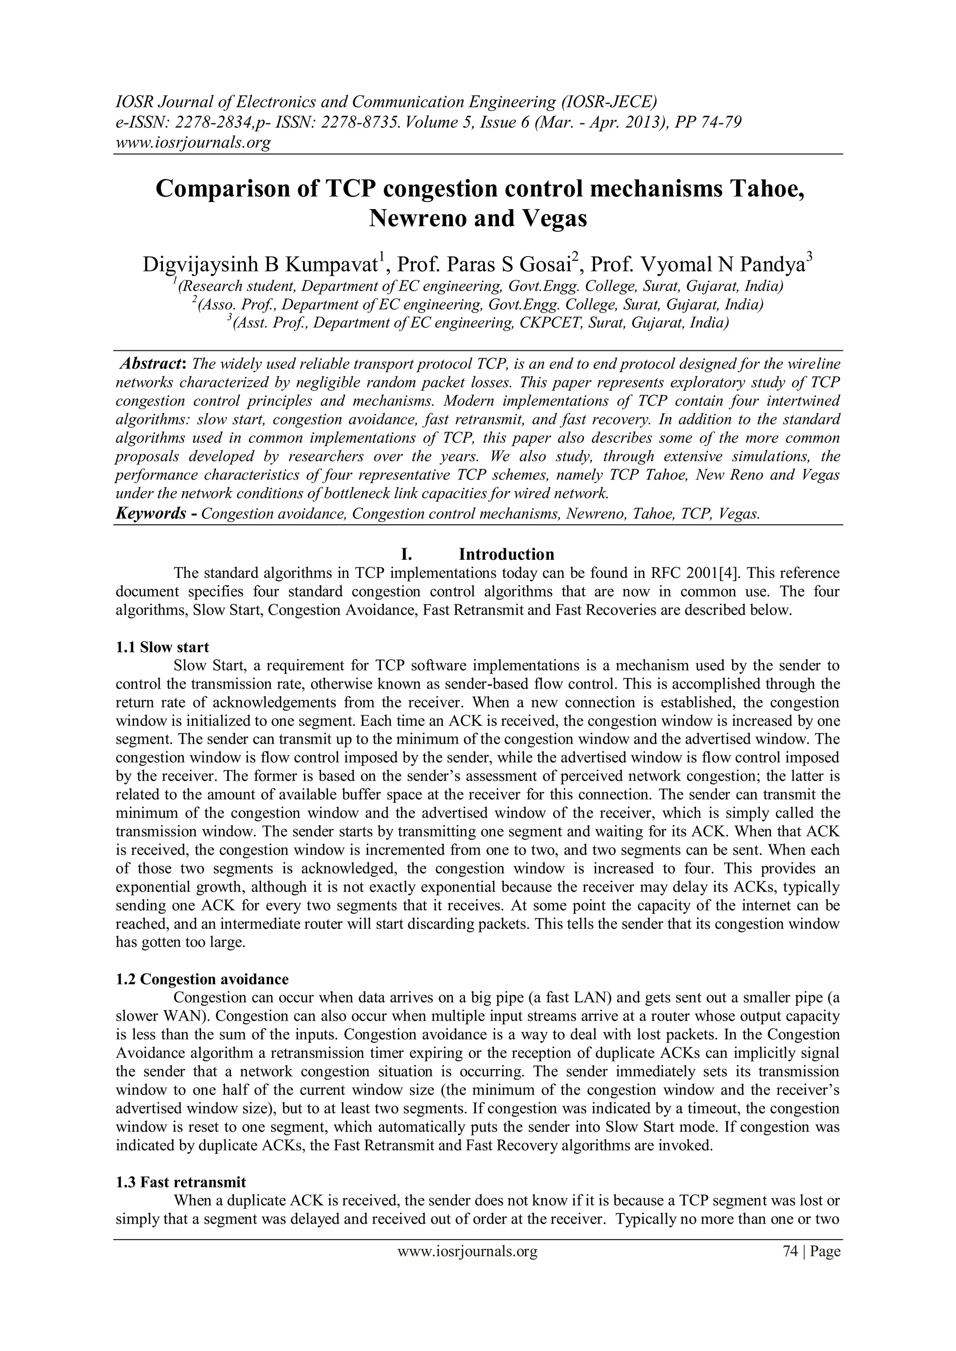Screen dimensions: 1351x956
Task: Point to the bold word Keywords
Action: tap(151, 514)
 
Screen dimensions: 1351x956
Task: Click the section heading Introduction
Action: tap(506, 554)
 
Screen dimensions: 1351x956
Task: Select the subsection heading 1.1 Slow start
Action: tap(162, 647)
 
